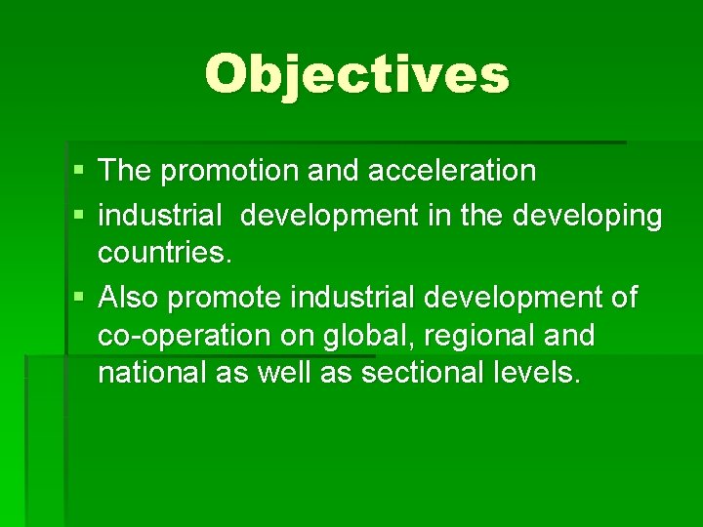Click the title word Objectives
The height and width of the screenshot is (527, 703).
[x=356, y=74]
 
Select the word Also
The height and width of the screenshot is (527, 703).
[x=130, y=297]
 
